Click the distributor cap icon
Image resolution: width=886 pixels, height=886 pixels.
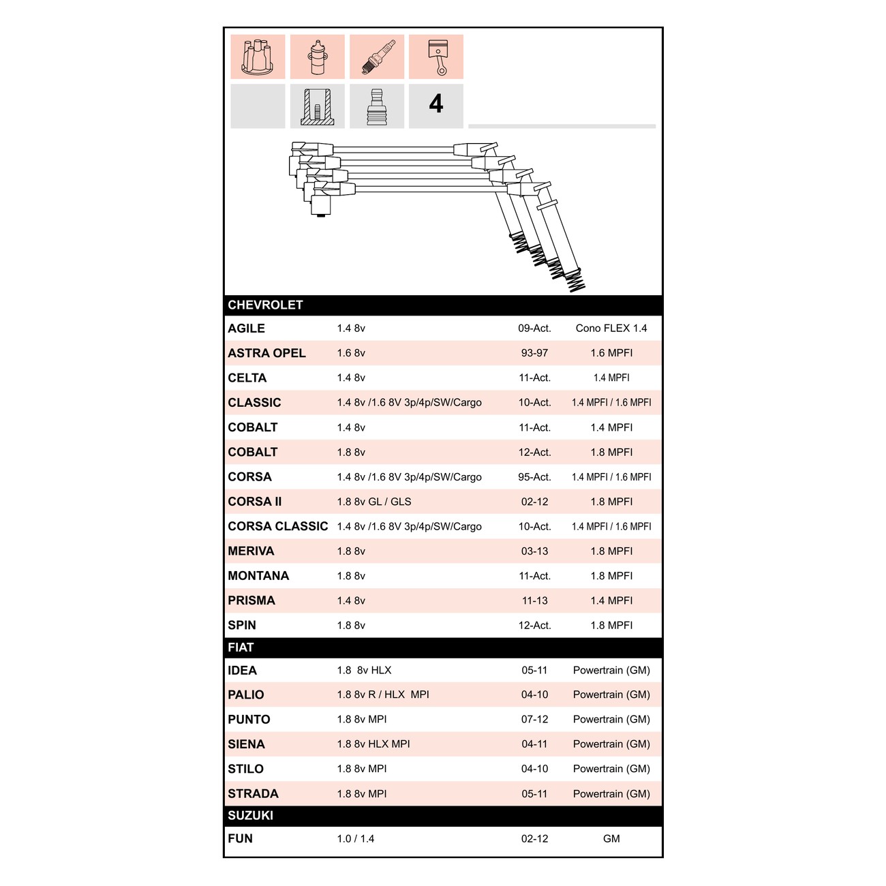tap(258, 57)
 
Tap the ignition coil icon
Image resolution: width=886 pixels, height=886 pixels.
tap(317, 57)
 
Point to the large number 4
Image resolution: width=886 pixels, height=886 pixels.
tap(436, 104)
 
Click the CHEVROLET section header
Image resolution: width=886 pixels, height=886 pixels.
tap(265, 305)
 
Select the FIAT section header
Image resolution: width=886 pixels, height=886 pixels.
tap(241, 647)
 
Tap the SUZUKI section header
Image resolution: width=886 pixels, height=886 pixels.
tap(251, 815)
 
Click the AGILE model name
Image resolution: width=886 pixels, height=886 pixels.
tap(247, 329)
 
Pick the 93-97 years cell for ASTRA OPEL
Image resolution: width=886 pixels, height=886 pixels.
tap(534, 353)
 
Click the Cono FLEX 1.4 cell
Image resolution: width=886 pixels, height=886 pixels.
tap(611, 329)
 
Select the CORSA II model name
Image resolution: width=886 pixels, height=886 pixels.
tap(255, 501)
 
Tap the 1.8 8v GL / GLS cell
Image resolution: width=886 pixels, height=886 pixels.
tap(373, 502)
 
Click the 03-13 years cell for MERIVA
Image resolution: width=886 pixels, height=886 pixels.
tap(534, 551)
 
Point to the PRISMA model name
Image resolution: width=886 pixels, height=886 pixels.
tap(251, 600)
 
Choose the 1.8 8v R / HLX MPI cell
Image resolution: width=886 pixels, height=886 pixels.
tap(383, 694)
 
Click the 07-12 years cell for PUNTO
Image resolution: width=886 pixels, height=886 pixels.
tap(534, 719)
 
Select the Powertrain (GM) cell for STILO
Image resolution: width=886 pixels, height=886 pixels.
tap(611, 769)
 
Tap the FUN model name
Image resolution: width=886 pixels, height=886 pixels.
tap(240, 838)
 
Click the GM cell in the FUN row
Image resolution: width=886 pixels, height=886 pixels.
tap(611, 839)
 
